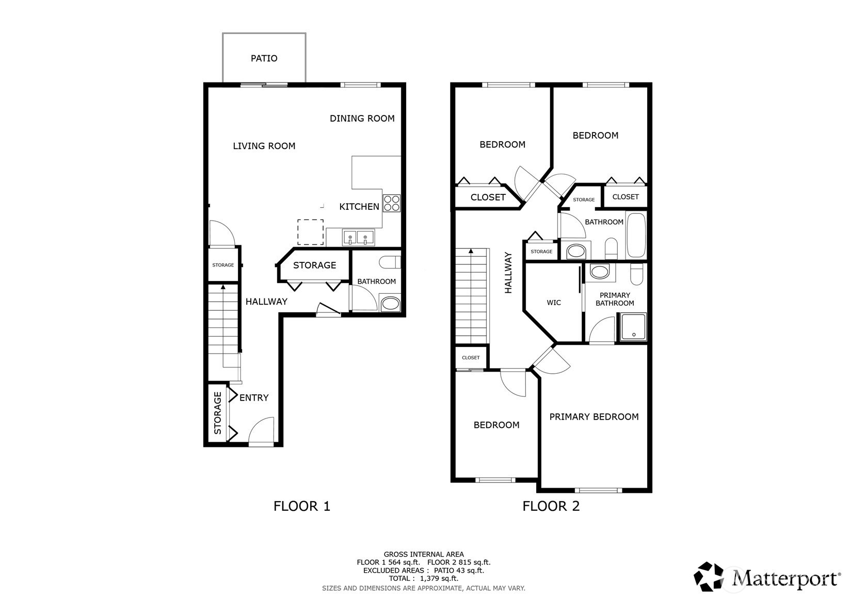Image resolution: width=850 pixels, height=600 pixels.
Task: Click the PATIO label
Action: pos(264,58)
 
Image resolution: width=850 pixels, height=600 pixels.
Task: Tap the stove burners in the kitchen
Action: pos(391,203)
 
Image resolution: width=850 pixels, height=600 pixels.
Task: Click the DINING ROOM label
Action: pos(362,118)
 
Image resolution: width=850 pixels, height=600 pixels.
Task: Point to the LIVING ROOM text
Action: pos(264,146)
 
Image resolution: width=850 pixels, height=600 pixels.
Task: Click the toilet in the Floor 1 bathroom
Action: pos(389,262)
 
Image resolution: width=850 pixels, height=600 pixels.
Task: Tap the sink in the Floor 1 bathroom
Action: pos(390,303)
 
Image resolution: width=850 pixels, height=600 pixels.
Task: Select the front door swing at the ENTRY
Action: pos(261,430)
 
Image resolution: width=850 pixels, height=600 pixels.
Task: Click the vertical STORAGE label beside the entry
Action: pos(217,413)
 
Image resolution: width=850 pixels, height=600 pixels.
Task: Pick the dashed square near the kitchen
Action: pos(310,232)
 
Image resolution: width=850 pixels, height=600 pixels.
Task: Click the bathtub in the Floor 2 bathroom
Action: pos(636,236)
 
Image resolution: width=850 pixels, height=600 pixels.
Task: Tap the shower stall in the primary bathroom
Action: pos(633,327)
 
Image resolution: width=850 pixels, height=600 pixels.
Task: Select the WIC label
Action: pos(554,303)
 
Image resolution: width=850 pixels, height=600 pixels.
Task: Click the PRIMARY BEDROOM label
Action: pos(594,417)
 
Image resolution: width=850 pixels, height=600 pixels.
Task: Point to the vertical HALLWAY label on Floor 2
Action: pos(508,273)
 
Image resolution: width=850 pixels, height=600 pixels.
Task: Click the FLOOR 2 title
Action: pos(551,506)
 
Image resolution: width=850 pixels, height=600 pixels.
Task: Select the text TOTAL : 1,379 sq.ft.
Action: pos(424,578)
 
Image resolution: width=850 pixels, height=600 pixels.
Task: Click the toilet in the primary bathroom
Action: pos(637,274)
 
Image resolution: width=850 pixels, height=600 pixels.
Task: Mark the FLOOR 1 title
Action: pos(302,506)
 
